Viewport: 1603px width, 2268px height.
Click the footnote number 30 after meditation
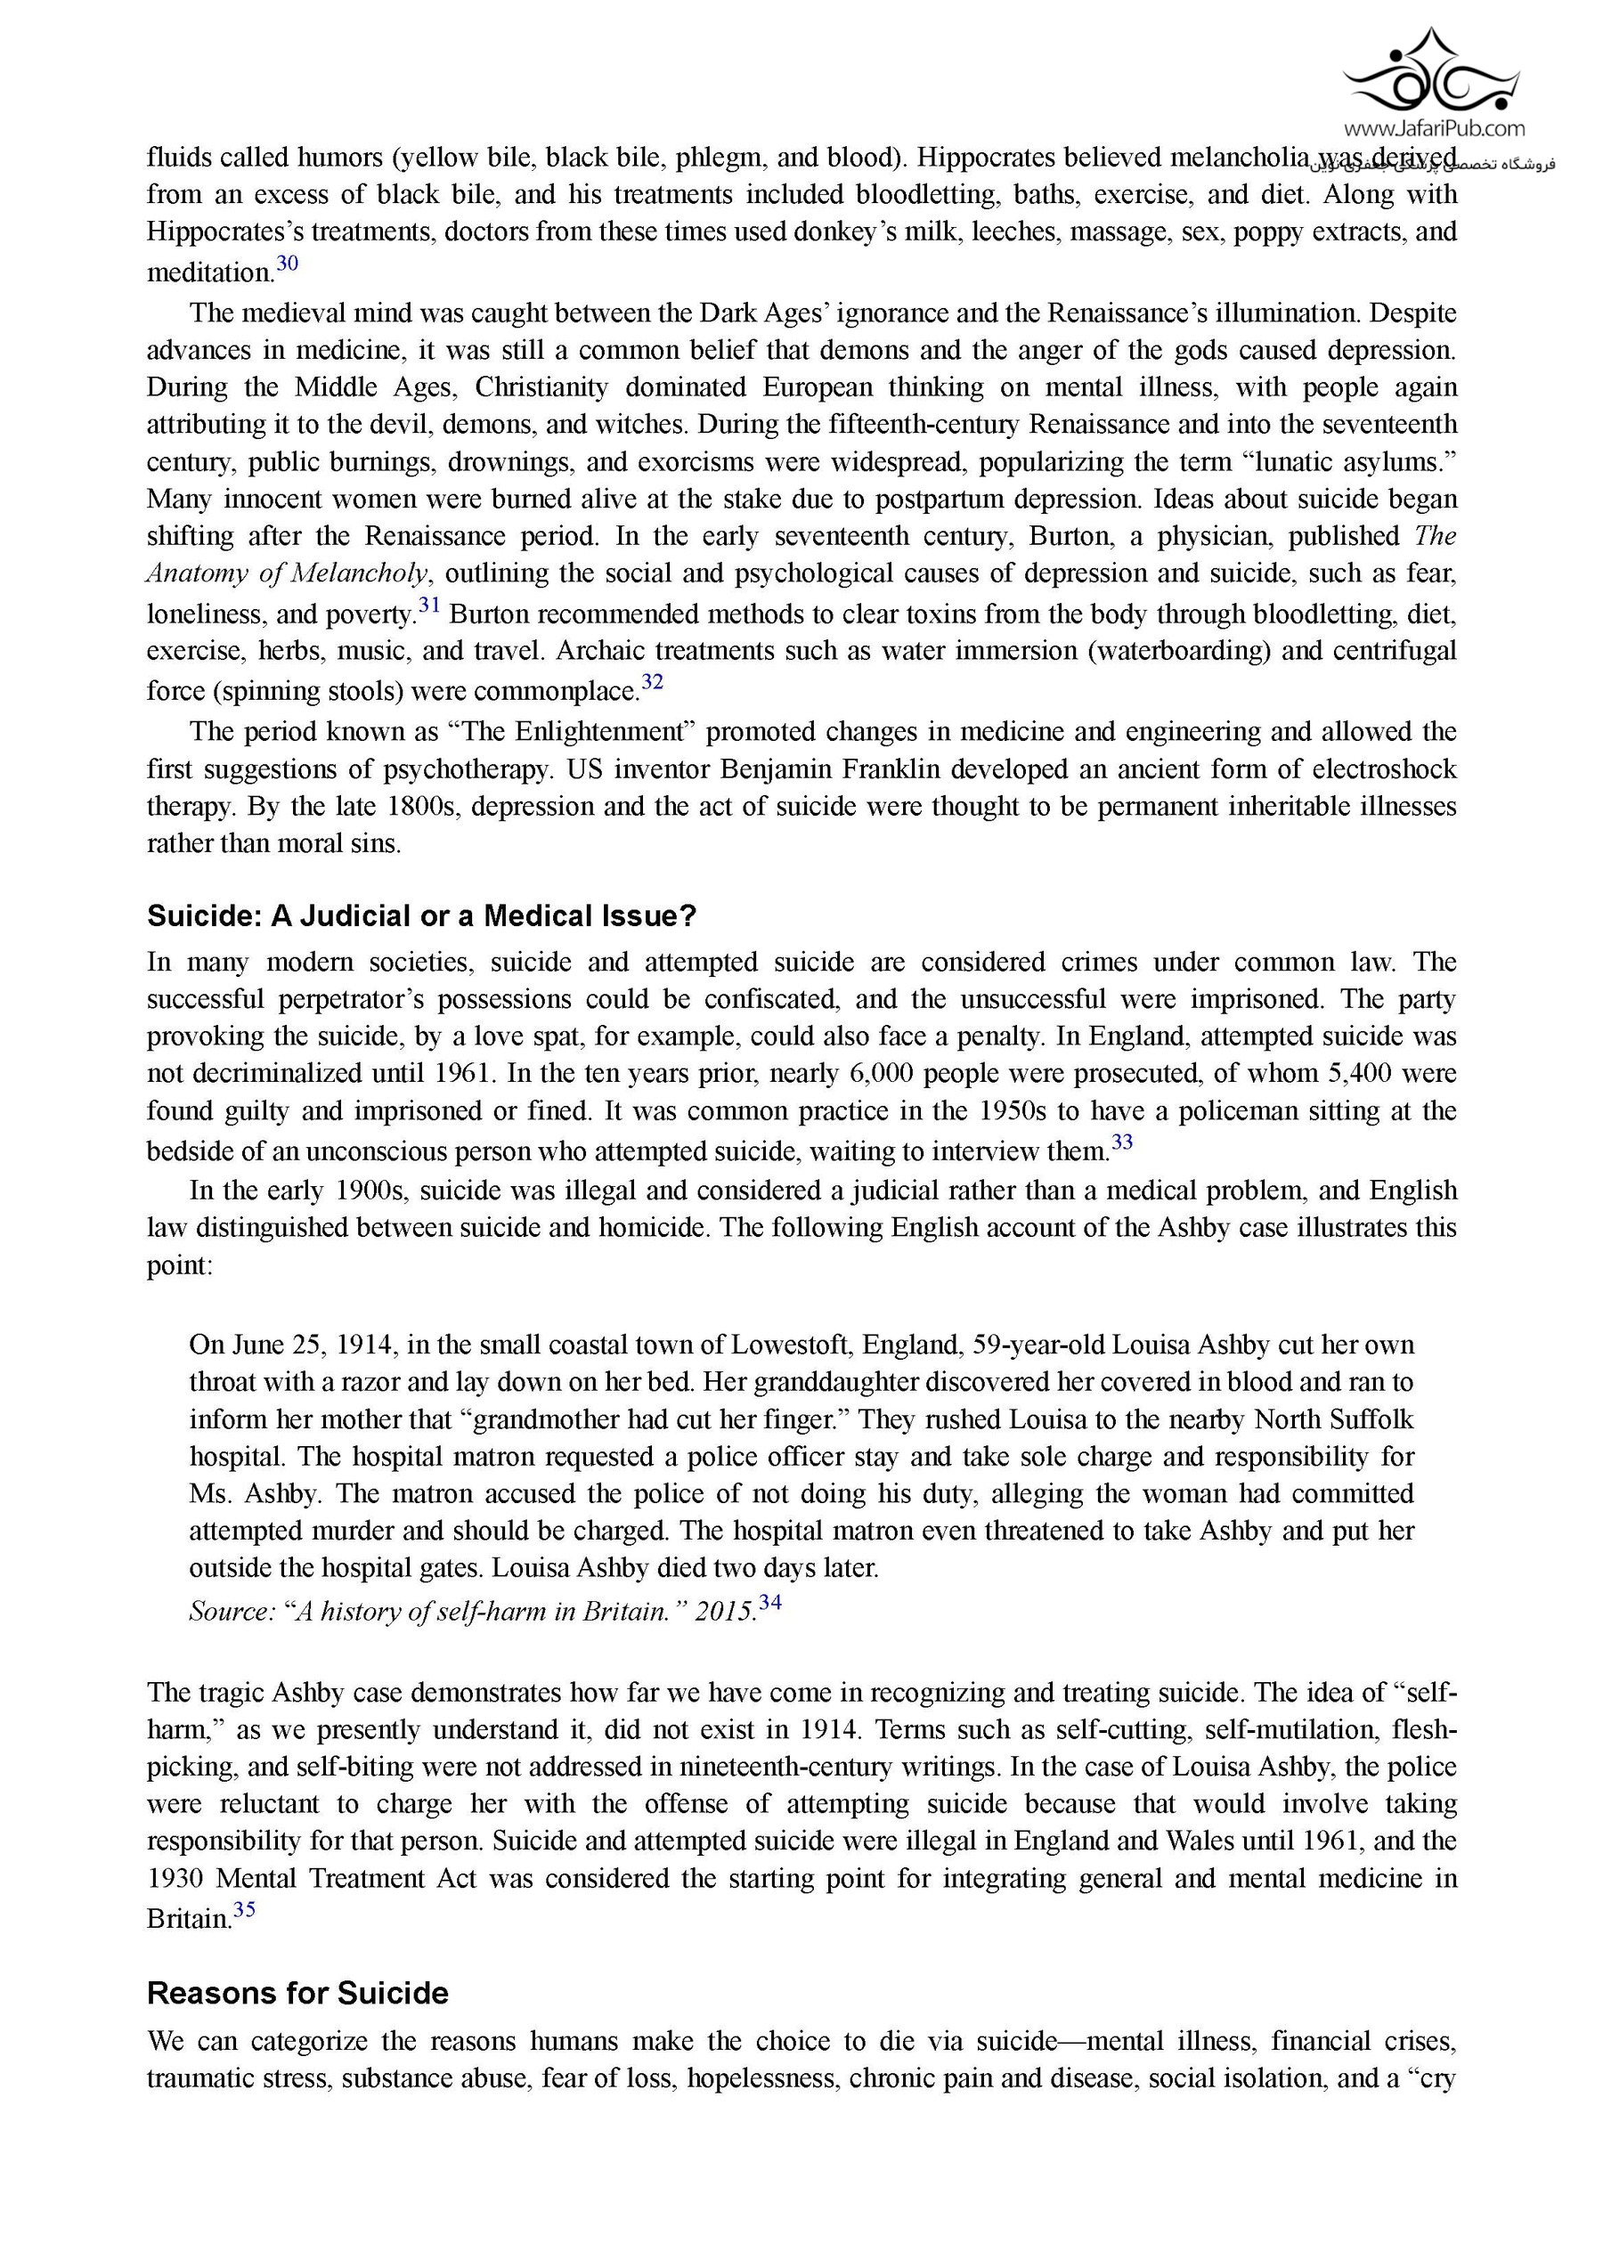[287, 264]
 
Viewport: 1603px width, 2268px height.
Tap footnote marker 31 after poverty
[428, 606]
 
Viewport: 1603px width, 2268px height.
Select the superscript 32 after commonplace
[652, 681]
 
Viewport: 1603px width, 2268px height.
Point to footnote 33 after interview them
[1122, 1142]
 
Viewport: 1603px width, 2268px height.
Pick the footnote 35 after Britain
[244, 1909]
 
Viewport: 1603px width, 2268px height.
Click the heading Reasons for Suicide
[297, 1994]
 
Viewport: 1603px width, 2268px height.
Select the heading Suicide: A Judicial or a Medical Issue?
[422, 916]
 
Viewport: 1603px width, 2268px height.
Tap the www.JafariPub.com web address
[1433, 128]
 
